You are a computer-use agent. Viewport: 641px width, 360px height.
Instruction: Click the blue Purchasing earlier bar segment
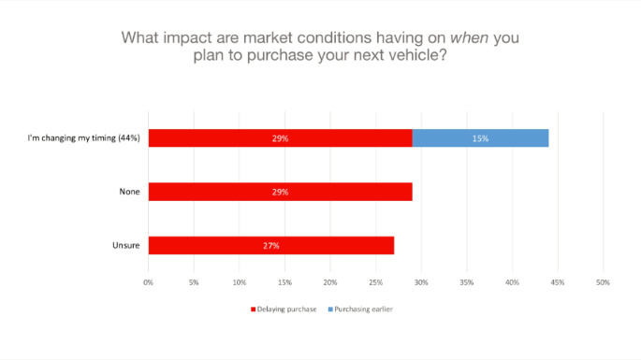click(x=480, y=138)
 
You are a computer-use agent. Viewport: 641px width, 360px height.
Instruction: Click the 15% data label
click(x=480, y=138)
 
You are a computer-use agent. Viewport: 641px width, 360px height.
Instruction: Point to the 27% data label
click(x=271, y=246)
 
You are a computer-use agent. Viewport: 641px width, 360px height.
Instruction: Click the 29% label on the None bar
click(x=280, y=192)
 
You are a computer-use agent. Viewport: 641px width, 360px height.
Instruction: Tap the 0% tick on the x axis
click(x=148, y=281)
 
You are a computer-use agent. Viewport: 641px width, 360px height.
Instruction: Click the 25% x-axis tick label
click(x=375, y=281)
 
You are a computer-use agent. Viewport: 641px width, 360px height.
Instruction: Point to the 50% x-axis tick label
click(x=603, y=281)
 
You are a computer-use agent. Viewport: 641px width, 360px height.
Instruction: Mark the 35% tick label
click(x=466, y=281)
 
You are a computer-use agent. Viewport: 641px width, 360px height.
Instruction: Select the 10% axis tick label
click(x=239, y=281)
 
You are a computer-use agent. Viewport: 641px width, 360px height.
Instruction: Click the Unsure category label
click(x=126, y=246)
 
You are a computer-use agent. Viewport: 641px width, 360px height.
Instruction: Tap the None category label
click(x=129, y=192)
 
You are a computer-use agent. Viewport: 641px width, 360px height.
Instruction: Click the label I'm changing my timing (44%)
click(x=84, y=138)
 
